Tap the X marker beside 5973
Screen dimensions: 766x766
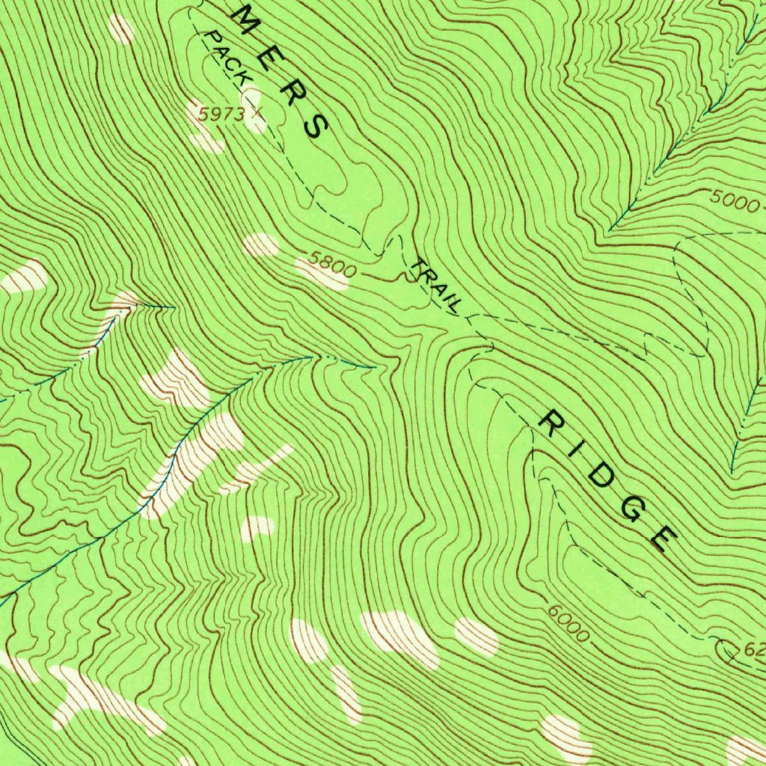click(x=258, y=112)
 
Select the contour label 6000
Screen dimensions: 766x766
click(x=569, y=622)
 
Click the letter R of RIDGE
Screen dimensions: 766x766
click(x=554, y=425)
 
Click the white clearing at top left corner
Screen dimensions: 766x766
click(x=120, y=29)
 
